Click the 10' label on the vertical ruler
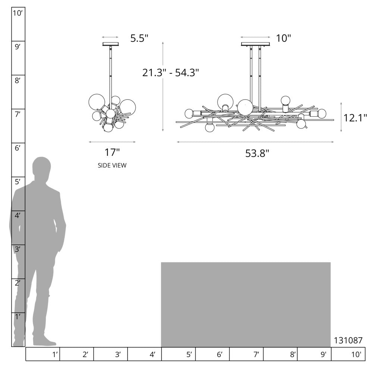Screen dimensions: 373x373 pos(18,13)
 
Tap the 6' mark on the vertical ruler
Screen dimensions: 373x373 pos(18,148)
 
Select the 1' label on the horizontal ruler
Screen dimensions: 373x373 pos(55,355)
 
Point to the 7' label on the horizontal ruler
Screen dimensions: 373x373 pos(256,355)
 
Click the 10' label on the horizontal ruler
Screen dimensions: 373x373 pos(356,355)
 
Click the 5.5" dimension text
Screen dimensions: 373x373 pos(139,38)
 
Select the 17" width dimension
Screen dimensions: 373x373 pos(112,153)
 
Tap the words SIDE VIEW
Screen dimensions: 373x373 pos(112,165)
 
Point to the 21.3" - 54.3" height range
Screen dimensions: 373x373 pos(170,73)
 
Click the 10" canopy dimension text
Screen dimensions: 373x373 pos(283,38)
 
